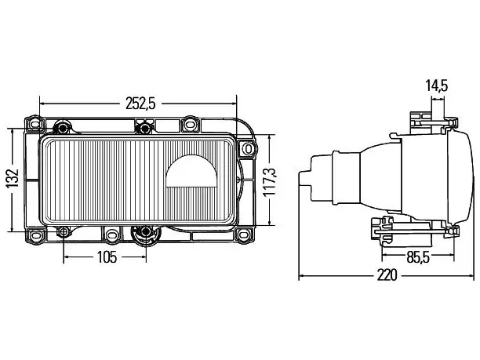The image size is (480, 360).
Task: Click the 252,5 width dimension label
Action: pos(140,104)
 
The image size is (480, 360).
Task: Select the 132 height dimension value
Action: pos(13,178)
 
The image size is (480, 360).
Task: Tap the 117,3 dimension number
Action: pos(271,181)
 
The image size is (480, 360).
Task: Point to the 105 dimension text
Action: pos(107,257)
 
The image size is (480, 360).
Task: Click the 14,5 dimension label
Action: pos(437,85)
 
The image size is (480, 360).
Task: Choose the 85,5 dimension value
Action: pos(418,257)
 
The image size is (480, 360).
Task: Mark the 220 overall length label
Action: pos(387,275)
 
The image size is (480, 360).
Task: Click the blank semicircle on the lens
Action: pos(191,171)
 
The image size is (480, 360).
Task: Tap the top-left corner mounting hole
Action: pos(35,124)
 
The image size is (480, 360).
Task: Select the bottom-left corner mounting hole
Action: pos(34,236)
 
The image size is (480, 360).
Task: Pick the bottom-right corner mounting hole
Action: pos(244,235)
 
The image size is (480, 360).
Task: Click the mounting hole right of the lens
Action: pos(248,149)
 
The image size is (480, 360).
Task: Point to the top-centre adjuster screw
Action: pos(144,126)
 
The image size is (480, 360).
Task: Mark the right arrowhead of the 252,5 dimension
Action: pos(234,104)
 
